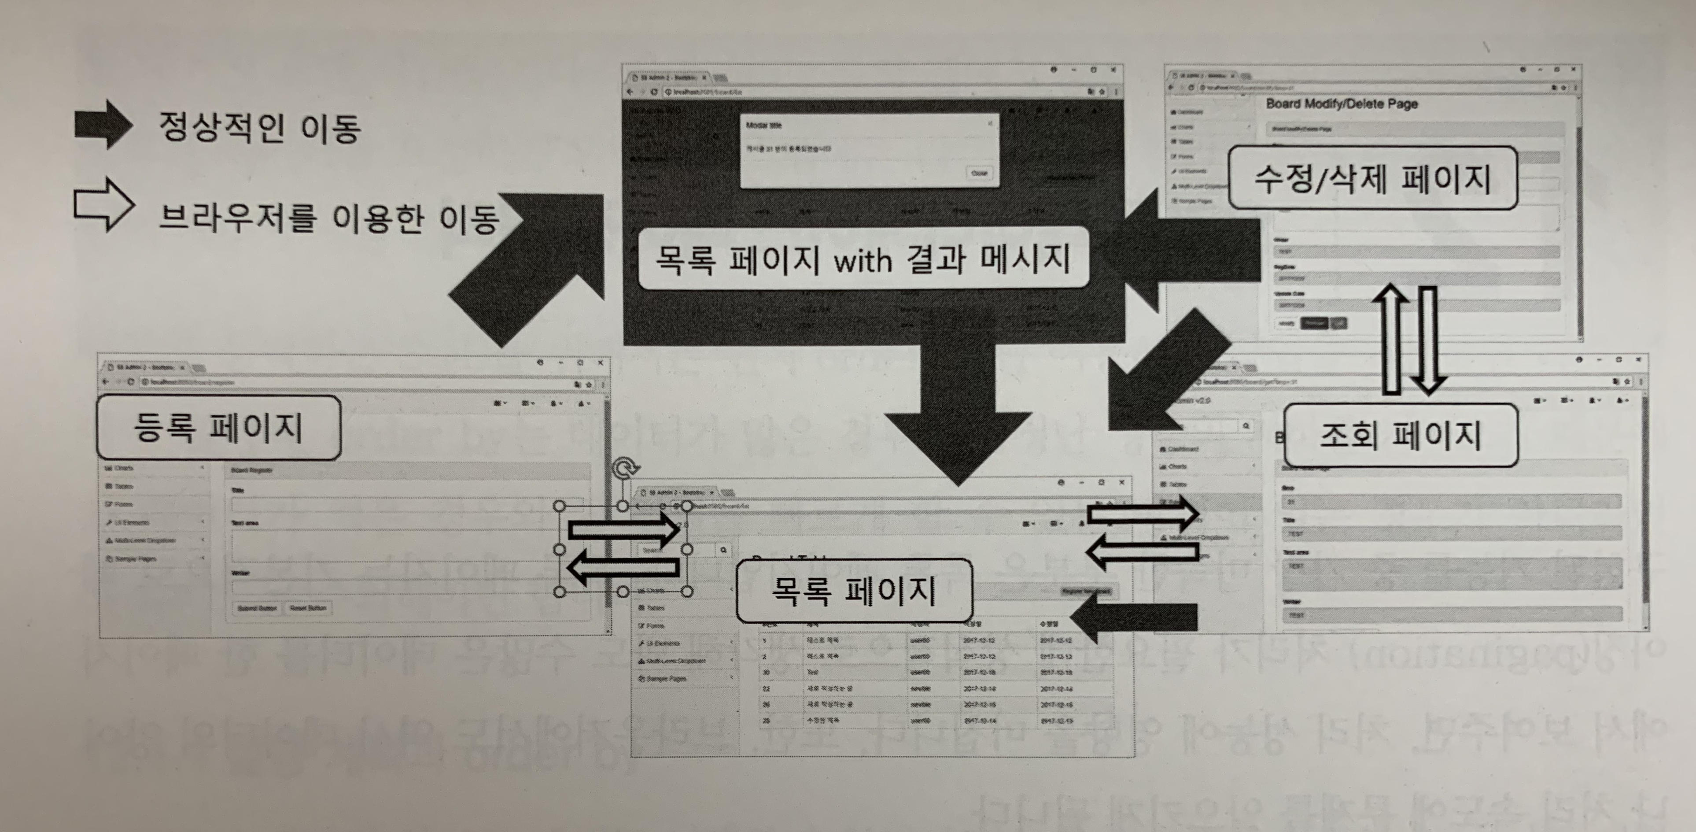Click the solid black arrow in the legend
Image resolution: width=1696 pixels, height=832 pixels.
[x=103, y=125]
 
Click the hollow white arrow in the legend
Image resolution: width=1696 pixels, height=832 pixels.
[x=103, y=205]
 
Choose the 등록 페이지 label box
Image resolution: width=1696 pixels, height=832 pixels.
[x=218, y=428]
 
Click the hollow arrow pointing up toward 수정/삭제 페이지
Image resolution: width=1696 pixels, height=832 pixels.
[x=1390, y=339]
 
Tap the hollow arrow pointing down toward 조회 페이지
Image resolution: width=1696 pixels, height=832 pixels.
[x=1427, y=339]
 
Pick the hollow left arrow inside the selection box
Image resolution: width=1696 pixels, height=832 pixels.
[x=622, y=567]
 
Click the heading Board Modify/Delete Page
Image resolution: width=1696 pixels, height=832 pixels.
[x=1341, y=104]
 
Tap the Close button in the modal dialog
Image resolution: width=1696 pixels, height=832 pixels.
[x=979, y=173]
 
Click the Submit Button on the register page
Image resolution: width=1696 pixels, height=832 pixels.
[x=257, y=608]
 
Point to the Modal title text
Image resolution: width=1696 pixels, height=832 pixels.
[x=764, y=125]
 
